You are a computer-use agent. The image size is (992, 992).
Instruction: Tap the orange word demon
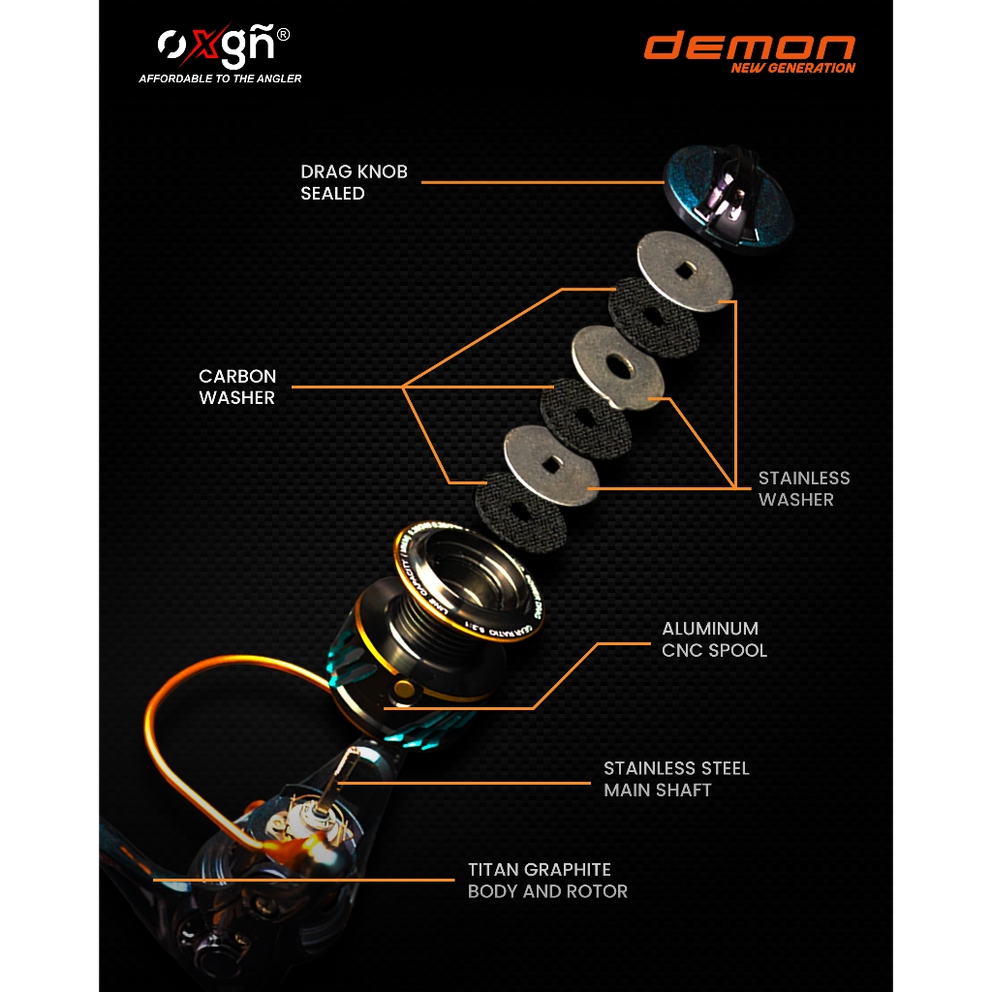point(750,46)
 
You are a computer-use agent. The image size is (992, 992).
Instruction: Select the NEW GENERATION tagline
point(792,68)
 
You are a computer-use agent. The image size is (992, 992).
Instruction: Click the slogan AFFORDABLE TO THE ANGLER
point(220,78)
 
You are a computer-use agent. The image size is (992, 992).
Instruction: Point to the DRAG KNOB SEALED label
point(354,182)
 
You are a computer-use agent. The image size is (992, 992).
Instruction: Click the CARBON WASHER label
point(237,387)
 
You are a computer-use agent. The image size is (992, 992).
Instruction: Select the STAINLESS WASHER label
point(803,488)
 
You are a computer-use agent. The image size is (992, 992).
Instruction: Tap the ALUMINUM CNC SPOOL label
point(714,639)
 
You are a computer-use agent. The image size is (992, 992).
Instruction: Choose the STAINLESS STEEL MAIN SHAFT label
point(676,779)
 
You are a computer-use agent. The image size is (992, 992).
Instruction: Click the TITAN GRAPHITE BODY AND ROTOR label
point(547,880)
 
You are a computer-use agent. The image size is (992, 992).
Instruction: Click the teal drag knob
point(728,199)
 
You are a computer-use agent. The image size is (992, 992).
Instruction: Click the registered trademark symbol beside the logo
point(283,35)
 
